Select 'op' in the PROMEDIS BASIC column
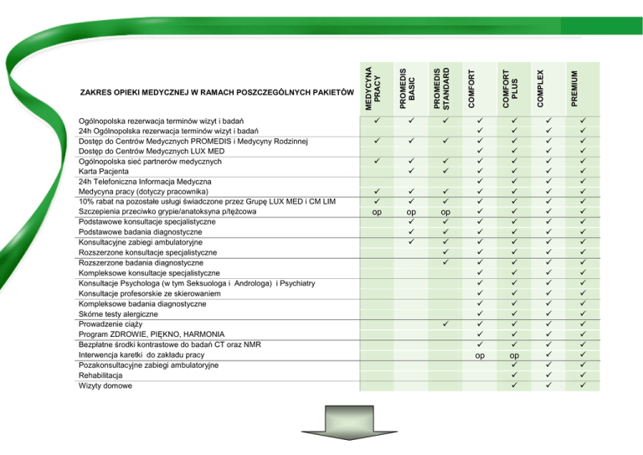coord(411,213)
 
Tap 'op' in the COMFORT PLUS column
coord(514,355)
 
